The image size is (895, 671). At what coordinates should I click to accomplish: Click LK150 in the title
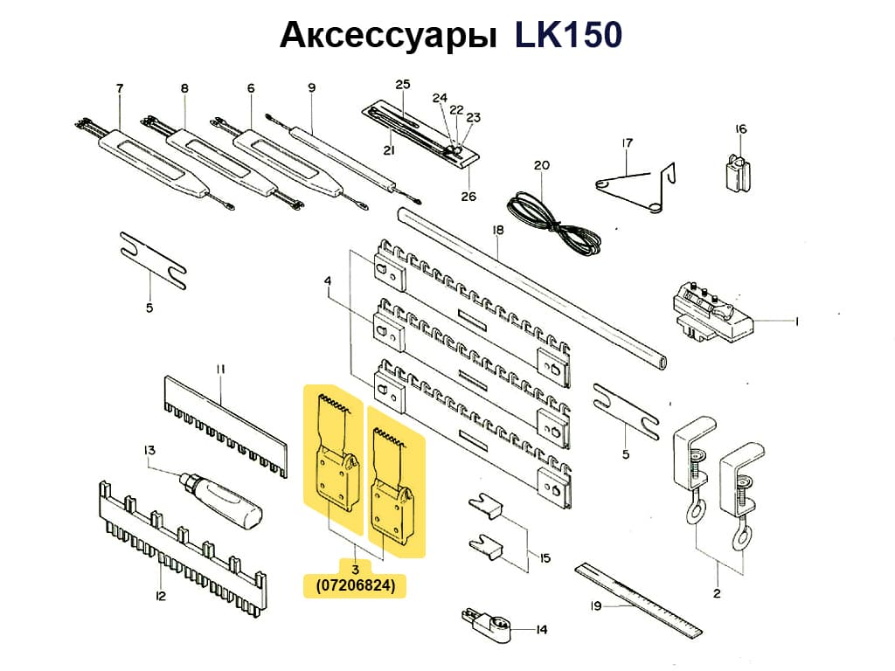tap(568, 35)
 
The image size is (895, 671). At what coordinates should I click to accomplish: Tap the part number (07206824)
tap(355, 587)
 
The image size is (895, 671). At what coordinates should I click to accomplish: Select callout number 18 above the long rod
tap(498, 231)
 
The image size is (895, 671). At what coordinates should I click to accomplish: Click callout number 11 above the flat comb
tap(220, 369)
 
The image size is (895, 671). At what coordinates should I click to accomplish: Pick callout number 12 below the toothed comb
tap(160, 596)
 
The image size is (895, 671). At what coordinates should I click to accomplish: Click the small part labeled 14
tap(483, 623)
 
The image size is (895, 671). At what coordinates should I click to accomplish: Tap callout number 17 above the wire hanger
tap(627, 143)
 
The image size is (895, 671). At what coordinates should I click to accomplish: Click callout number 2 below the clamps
tap(716, 593)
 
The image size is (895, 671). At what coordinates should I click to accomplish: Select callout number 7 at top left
tap(120, 88)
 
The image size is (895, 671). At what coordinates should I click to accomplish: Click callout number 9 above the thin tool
tap(311, 87)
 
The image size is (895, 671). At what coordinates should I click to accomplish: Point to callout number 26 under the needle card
tap(469, 196)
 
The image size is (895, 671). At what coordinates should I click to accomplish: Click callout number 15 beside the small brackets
tap(545, 557)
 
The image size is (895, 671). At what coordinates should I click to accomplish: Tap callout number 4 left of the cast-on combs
tap(327, 280)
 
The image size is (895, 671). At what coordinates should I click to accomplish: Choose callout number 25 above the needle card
tap(402, 85)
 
